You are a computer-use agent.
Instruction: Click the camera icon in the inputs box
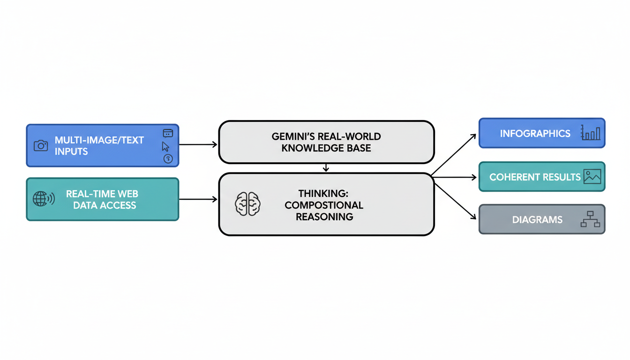(41, 146)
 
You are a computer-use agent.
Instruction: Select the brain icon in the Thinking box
(247, 204)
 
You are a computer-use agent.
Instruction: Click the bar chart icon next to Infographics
(590, 133)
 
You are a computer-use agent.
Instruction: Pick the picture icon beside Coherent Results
(592, 176)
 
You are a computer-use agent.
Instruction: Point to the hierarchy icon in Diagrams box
(590, 219)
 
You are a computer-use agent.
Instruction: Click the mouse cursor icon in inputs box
(165, 146)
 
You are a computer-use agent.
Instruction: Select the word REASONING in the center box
(324, 217)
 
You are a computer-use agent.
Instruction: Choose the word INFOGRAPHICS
(535, 134)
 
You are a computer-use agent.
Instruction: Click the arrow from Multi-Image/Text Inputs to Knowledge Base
(198, 144)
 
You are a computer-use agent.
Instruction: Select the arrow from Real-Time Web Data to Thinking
(198, 199)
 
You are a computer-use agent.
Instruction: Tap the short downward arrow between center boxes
(326, 168)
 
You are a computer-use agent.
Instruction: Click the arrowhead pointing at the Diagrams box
(473, 218)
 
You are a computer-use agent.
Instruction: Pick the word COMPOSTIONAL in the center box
(324, 205)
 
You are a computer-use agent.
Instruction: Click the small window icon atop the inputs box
(168, 133)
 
